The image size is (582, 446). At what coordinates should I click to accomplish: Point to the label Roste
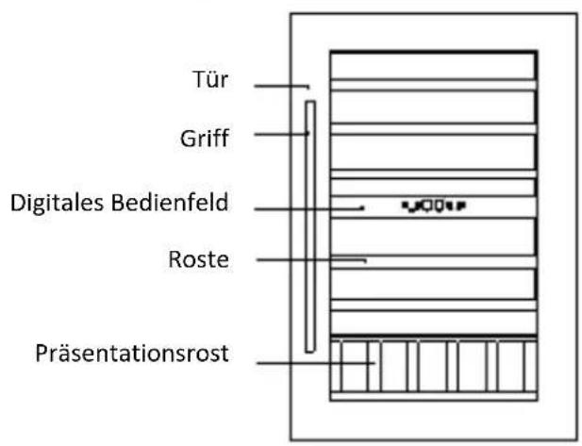coord(204,258)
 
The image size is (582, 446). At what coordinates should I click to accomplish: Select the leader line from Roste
coord(310,259)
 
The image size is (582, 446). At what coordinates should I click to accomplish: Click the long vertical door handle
coord(309,226)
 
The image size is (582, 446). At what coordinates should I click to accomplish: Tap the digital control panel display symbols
coord(434,204)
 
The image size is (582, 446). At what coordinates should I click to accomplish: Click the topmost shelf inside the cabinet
coord(433,65)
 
